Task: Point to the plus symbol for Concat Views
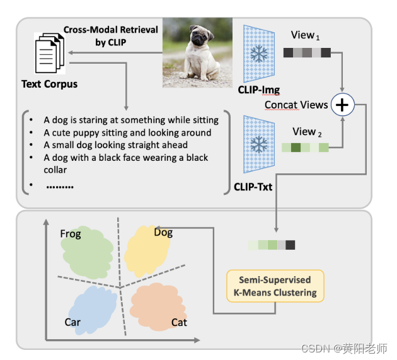(x=342, y=105)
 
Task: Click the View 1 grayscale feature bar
(x=306, y=53)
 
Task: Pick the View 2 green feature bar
(x=305, y=148)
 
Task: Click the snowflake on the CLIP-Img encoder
(x=258, y=54)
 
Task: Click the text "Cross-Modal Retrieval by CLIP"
(x=107, y=35)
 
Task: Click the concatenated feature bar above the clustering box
(x=272, y=245)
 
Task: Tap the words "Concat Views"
(x=296, y=105)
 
